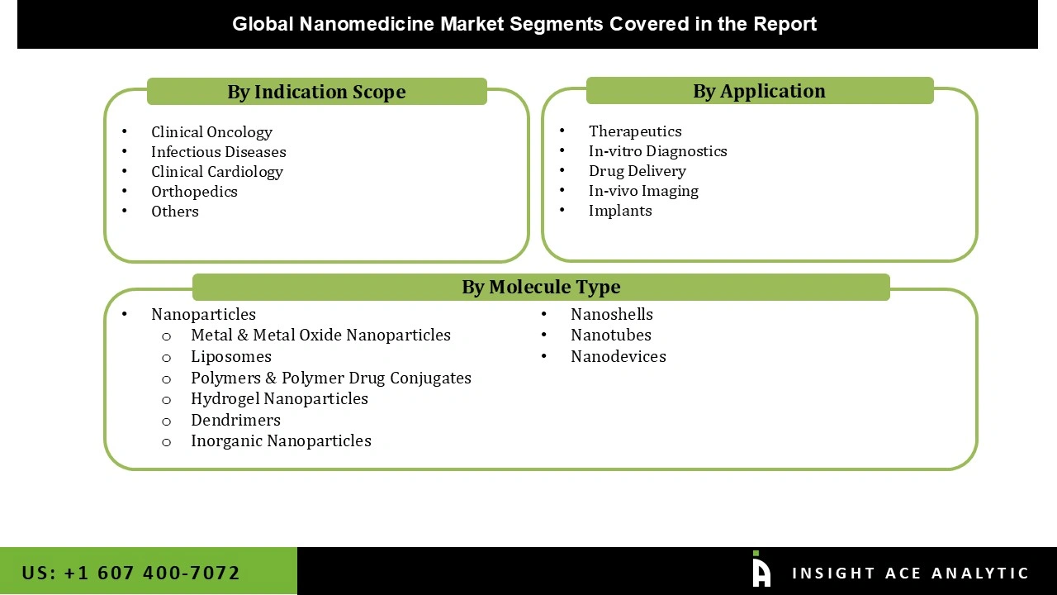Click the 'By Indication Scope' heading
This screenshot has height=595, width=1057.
point(316,92)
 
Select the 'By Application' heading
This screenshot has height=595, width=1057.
point(759,91)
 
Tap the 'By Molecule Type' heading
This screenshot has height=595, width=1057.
point(541,287)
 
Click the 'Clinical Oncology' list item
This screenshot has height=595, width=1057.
point(211,132)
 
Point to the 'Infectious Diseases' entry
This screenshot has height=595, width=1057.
point(218,152)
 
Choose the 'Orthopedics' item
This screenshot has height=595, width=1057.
point(194,192)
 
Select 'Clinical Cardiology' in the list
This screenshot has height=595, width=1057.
point(216,172)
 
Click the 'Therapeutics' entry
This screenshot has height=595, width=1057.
point(635,131)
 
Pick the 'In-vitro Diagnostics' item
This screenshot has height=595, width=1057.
point(657,151)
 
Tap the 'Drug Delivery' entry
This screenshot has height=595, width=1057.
point(637,171)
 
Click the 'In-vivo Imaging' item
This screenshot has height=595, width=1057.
point(643,191)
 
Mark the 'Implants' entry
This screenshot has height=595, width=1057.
point(620,211)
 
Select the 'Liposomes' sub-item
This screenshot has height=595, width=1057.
point(230,357)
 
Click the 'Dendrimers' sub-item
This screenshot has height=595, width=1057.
point(235,420)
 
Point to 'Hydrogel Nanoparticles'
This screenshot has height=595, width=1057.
point(279,398)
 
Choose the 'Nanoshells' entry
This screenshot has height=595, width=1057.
point(611,315)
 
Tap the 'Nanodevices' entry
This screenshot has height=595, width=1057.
point(618,357)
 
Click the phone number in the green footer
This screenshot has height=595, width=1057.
point(130,573)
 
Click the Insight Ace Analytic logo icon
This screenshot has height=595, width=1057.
point(761,570)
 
